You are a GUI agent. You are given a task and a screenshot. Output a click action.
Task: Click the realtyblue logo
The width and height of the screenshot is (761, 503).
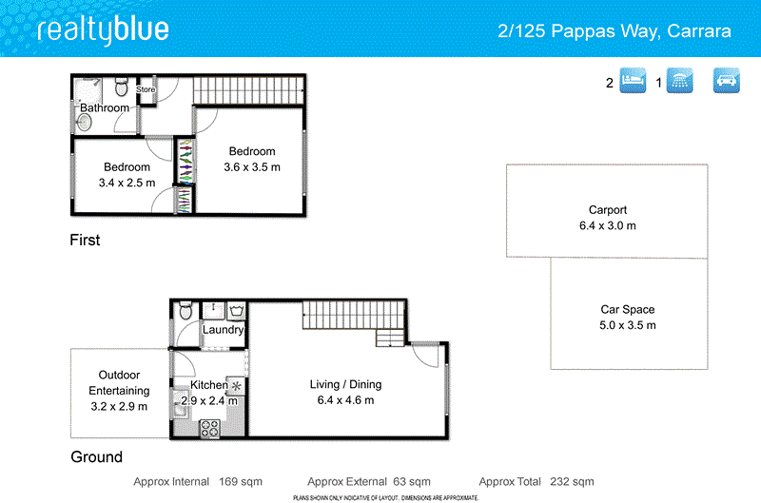(103, 29)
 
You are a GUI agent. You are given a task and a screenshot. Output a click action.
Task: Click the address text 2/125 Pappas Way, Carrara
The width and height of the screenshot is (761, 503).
(615, 31)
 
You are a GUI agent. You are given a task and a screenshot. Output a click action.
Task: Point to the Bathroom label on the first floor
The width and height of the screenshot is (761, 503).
(104, 108)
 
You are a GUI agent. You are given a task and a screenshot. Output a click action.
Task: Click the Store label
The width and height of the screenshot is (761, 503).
(146, 90)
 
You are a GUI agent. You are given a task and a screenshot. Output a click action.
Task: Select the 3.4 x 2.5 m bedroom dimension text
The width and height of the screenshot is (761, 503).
(127, 183)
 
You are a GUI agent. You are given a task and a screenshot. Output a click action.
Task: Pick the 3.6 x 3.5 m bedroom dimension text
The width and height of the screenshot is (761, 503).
(252, 167)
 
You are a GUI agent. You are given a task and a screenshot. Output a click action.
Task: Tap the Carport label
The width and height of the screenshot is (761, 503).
(607, 210)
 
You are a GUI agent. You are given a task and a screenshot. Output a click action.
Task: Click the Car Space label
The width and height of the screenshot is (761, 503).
(627, 309)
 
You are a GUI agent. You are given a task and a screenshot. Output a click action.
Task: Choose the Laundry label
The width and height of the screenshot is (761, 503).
(224, 330)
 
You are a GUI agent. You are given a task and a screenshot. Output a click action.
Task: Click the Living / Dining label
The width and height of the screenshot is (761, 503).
(345, 384)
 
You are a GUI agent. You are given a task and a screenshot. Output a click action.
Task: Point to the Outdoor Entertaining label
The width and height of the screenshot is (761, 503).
(119, 382)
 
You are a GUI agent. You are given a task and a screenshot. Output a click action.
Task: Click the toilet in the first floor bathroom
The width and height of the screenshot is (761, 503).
(121, 88)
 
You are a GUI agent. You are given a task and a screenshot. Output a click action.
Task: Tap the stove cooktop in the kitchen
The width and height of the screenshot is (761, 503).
(209, 428)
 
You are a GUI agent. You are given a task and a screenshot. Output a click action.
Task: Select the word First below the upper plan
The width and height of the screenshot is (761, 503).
(85, 241)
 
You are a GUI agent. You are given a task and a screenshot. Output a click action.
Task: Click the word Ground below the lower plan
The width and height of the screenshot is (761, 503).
(96, 457)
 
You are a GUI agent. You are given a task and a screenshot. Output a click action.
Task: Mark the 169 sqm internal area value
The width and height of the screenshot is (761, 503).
(241, 482)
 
